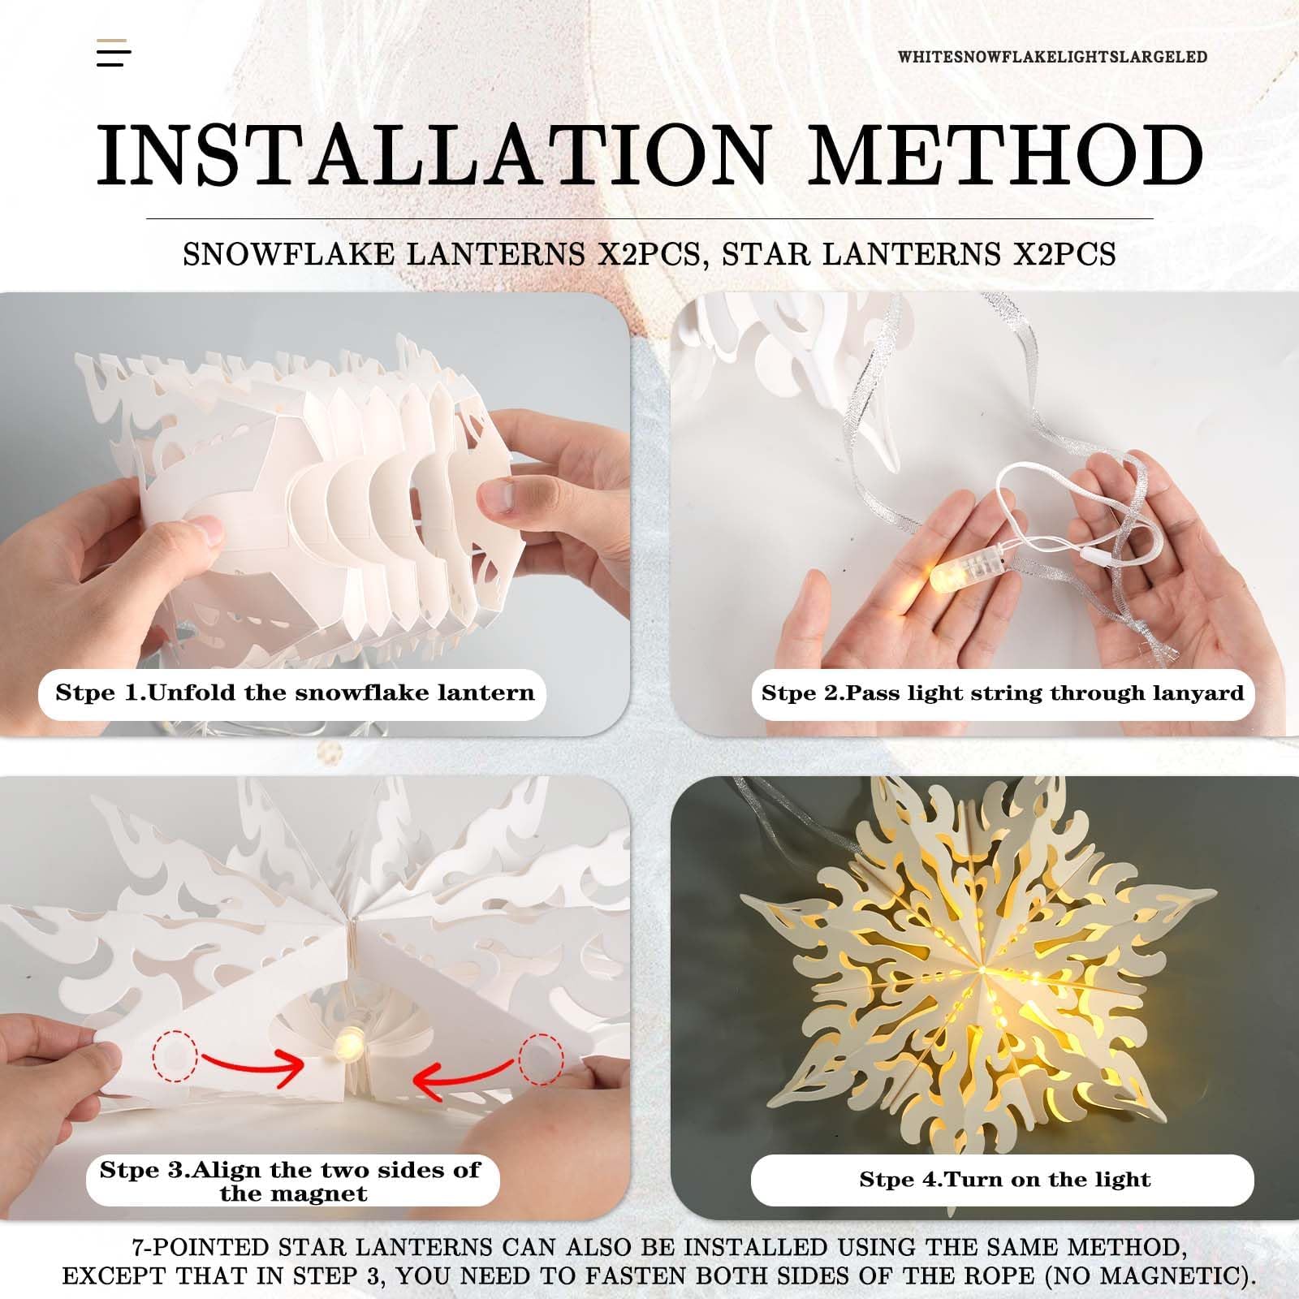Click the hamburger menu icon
(x=114, y=52)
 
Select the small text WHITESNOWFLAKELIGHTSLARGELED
(x=1052, y=57)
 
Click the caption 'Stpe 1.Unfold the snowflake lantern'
(x=295, y=693)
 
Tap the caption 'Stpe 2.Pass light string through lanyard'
(x=1003, y=693)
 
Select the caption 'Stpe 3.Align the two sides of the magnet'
(x=291, y=1181)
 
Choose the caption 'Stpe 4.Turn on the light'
(x=1005, y=1180)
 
